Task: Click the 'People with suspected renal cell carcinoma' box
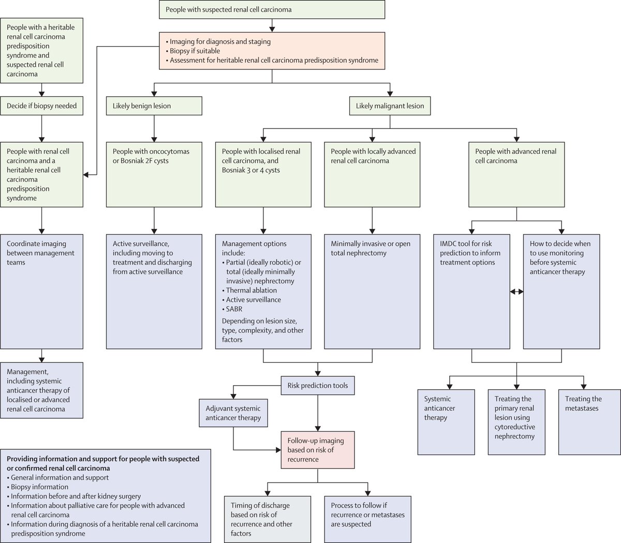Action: click(272, 10)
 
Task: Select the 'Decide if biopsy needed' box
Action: click(41, 106)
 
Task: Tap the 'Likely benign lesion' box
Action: click(154, 106)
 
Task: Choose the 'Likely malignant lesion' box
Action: click(390, 106)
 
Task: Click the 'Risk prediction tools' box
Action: click(318, 386)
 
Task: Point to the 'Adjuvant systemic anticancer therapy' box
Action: click(233, 413)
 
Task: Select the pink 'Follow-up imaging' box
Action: click(318, 450)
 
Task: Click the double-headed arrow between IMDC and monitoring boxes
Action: click(516, 292)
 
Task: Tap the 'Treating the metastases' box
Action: click(589, 422)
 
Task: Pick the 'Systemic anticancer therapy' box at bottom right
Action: click(446, 422)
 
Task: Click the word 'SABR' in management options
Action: click(234, 309)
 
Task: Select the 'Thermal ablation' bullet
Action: click(251, 290)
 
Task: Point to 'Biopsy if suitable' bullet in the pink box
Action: click(195, 51)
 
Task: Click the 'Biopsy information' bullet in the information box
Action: click(39, 487)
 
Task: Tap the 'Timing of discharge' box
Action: click(268, 519)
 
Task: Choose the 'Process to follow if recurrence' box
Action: click(367, 519)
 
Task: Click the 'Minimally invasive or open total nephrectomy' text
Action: click(371, 248)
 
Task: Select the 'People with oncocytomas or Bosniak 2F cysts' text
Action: click(151, 156)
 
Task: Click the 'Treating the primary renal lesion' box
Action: click(516, 422)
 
